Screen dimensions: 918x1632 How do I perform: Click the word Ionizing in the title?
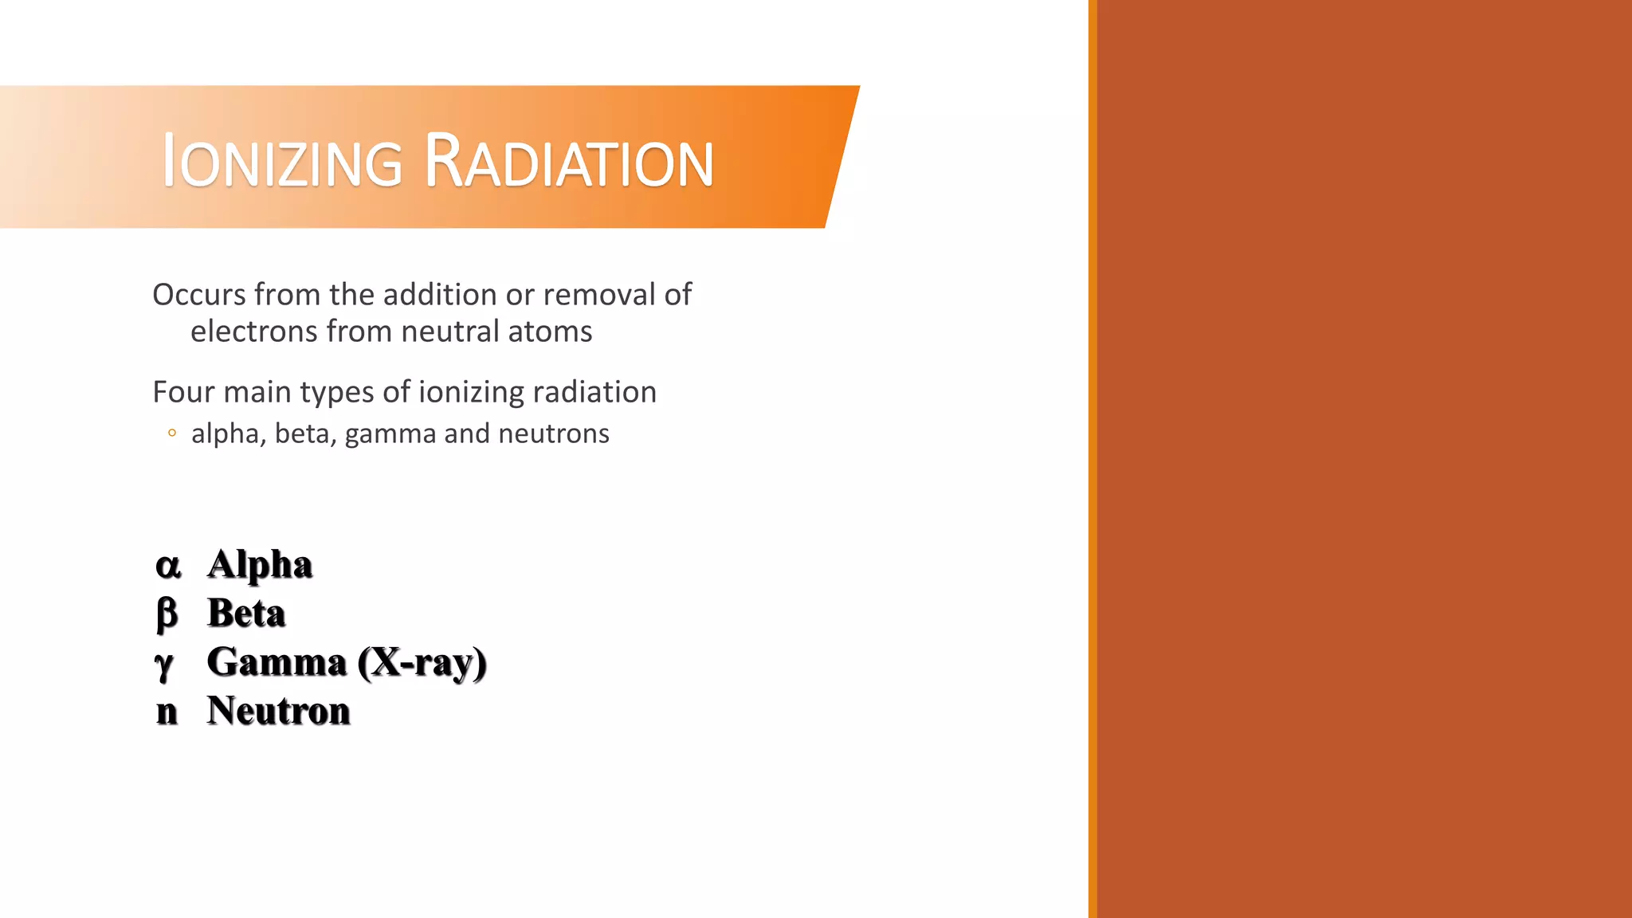(282, 162)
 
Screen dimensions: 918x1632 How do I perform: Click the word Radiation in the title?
(568, 162)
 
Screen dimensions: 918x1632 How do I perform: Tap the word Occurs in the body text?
(199, 295)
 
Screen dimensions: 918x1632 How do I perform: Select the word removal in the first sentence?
(598, 295)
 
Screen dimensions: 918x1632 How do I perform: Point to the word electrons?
(254, 331)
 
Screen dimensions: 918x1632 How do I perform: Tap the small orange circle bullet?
(172, 433)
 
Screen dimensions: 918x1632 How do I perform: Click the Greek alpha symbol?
(168, 566)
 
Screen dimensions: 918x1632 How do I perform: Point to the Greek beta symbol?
(167, 614)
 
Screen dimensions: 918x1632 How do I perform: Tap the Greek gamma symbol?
(164, 665)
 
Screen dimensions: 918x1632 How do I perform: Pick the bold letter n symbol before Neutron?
(167, 712)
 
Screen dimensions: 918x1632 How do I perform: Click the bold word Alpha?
(260, 565)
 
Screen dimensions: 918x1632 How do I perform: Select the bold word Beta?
(246, 614)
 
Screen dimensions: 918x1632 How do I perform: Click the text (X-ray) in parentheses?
(422, 662)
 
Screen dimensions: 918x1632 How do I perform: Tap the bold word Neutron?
(278, 711)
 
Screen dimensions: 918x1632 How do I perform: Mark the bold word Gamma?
(277, 662)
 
